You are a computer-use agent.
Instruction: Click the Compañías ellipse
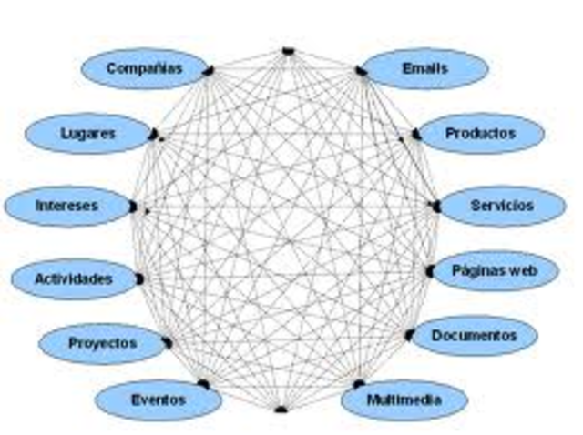[144, 68]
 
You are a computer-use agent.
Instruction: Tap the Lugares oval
[87, 133]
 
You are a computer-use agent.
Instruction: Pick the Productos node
[480, 133]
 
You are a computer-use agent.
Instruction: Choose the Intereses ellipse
[66, 205]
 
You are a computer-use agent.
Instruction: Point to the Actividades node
[73, 278]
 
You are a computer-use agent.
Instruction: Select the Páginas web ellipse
[495, 270]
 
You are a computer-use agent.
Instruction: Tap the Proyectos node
[102, 343]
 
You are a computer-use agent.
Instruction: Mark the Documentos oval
[473, 336]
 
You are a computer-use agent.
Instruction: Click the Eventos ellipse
[157, 400]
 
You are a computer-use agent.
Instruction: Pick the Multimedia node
[404, 400]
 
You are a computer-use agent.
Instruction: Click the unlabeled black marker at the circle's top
[288, 50]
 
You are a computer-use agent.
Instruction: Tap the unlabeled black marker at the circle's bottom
[281, 409]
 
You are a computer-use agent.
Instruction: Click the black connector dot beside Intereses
[133, 207]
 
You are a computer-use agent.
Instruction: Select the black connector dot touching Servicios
[435, 207]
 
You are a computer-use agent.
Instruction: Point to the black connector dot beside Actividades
[139, 278]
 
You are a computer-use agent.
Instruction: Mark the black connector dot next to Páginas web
[429, 271]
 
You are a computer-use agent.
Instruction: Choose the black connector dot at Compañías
[209, 70]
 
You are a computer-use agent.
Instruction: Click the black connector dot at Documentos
[409, 335]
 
